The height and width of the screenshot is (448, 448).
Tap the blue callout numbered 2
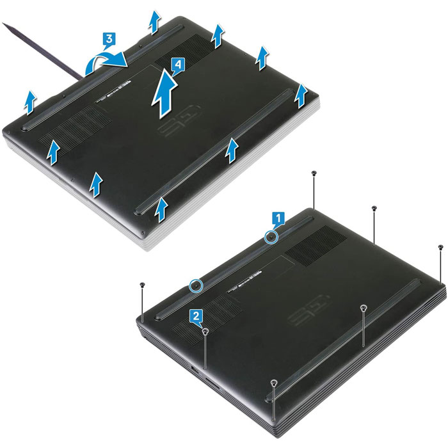coord(196,316)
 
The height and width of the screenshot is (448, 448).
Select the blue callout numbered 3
coord(109,38)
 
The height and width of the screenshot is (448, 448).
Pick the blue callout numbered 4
coord(178,65)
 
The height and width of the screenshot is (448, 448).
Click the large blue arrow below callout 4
coord(164,93)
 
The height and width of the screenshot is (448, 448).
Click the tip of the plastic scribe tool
coord(3,24)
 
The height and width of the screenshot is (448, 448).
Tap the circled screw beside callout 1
coord(271,237)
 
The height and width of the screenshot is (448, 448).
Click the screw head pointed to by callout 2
coord(205,331)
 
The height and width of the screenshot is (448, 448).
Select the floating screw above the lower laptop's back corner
coord(314,173)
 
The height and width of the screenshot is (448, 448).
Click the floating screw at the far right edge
coord(441,246)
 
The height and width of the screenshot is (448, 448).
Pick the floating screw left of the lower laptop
coord(142,284)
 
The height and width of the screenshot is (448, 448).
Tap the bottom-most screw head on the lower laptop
coord(274,382)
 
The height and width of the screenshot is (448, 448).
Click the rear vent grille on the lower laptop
coord(316,245)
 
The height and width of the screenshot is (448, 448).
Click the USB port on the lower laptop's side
coord(195,369)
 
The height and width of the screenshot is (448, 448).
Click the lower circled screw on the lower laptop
coord(196,285)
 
